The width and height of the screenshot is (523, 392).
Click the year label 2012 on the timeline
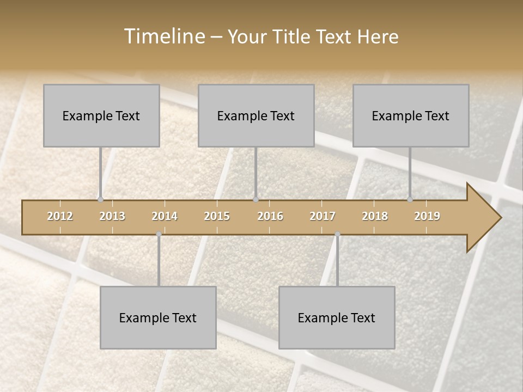[x=60, y=216]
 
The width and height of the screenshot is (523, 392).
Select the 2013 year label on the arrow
[x=112, y=216]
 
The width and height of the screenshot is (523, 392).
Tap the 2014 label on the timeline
[x=165, y=216]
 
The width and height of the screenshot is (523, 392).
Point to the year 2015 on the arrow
[x=217, y=216]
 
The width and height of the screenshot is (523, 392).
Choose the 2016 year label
[x=270, y=216]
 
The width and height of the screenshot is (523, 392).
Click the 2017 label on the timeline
[x=323, y=216]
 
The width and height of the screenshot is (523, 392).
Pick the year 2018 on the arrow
[x=375, y=216]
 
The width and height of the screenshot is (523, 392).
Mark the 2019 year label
[x=427, y=216]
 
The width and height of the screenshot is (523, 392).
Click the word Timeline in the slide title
[x=163, y=36]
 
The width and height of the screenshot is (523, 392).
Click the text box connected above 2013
[x=101, y=115]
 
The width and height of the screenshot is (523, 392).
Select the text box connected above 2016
[x=256, y=115]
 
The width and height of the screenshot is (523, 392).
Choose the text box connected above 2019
[x=411, y=115]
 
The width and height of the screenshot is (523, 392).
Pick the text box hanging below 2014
[x=158, y=317]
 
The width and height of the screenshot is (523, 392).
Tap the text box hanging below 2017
[x=337, y=317]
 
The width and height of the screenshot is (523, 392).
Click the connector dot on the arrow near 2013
[x=101, y=199]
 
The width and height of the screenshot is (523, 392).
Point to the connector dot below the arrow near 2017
[x=337, y=234]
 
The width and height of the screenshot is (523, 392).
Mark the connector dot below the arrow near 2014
[x=159, y=234]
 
